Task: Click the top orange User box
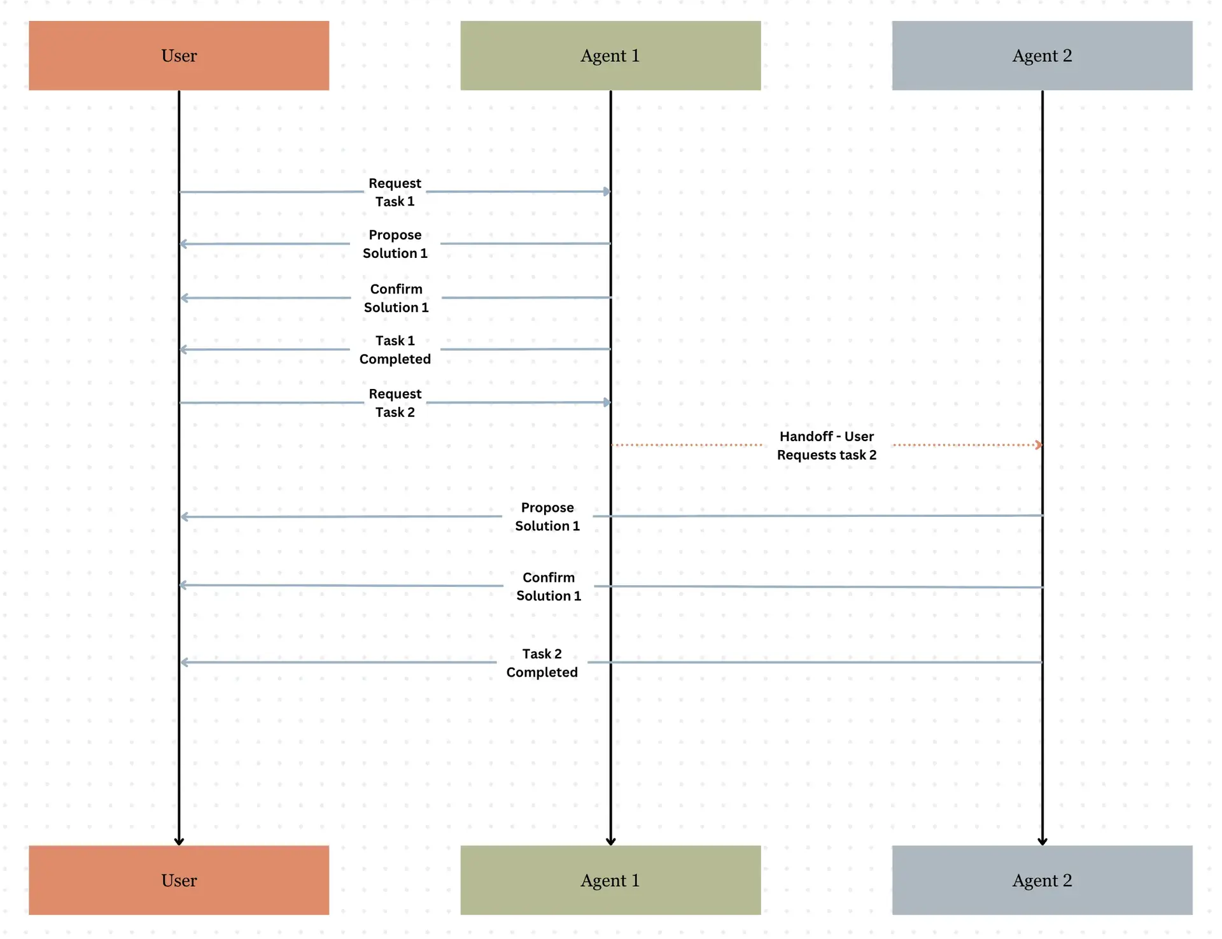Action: (179, 55)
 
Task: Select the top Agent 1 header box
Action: (610, 55)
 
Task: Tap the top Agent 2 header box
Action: (1042, 55)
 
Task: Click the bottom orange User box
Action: (179, 880)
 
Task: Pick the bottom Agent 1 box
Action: (610, 880)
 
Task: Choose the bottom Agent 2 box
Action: (1042, 880)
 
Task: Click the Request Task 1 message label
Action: (395, 192)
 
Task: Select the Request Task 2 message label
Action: (395, 403)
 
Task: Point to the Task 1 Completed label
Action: (395, 349)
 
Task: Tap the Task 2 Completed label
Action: (542, 663)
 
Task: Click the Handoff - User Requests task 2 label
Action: (826, 445)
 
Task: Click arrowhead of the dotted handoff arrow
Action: (1039, 445)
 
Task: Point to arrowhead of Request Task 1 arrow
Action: (607, 191)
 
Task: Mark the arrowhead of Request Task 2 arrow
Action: (607, 402)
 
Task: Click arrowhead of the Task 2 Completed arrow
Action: (184, 663)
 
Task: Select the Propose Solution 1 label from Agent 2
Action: (547, 516)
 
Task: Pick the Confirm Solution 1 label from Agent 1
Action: (396, 298)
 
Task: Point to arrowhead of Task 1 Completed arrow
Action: (183, 349)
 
